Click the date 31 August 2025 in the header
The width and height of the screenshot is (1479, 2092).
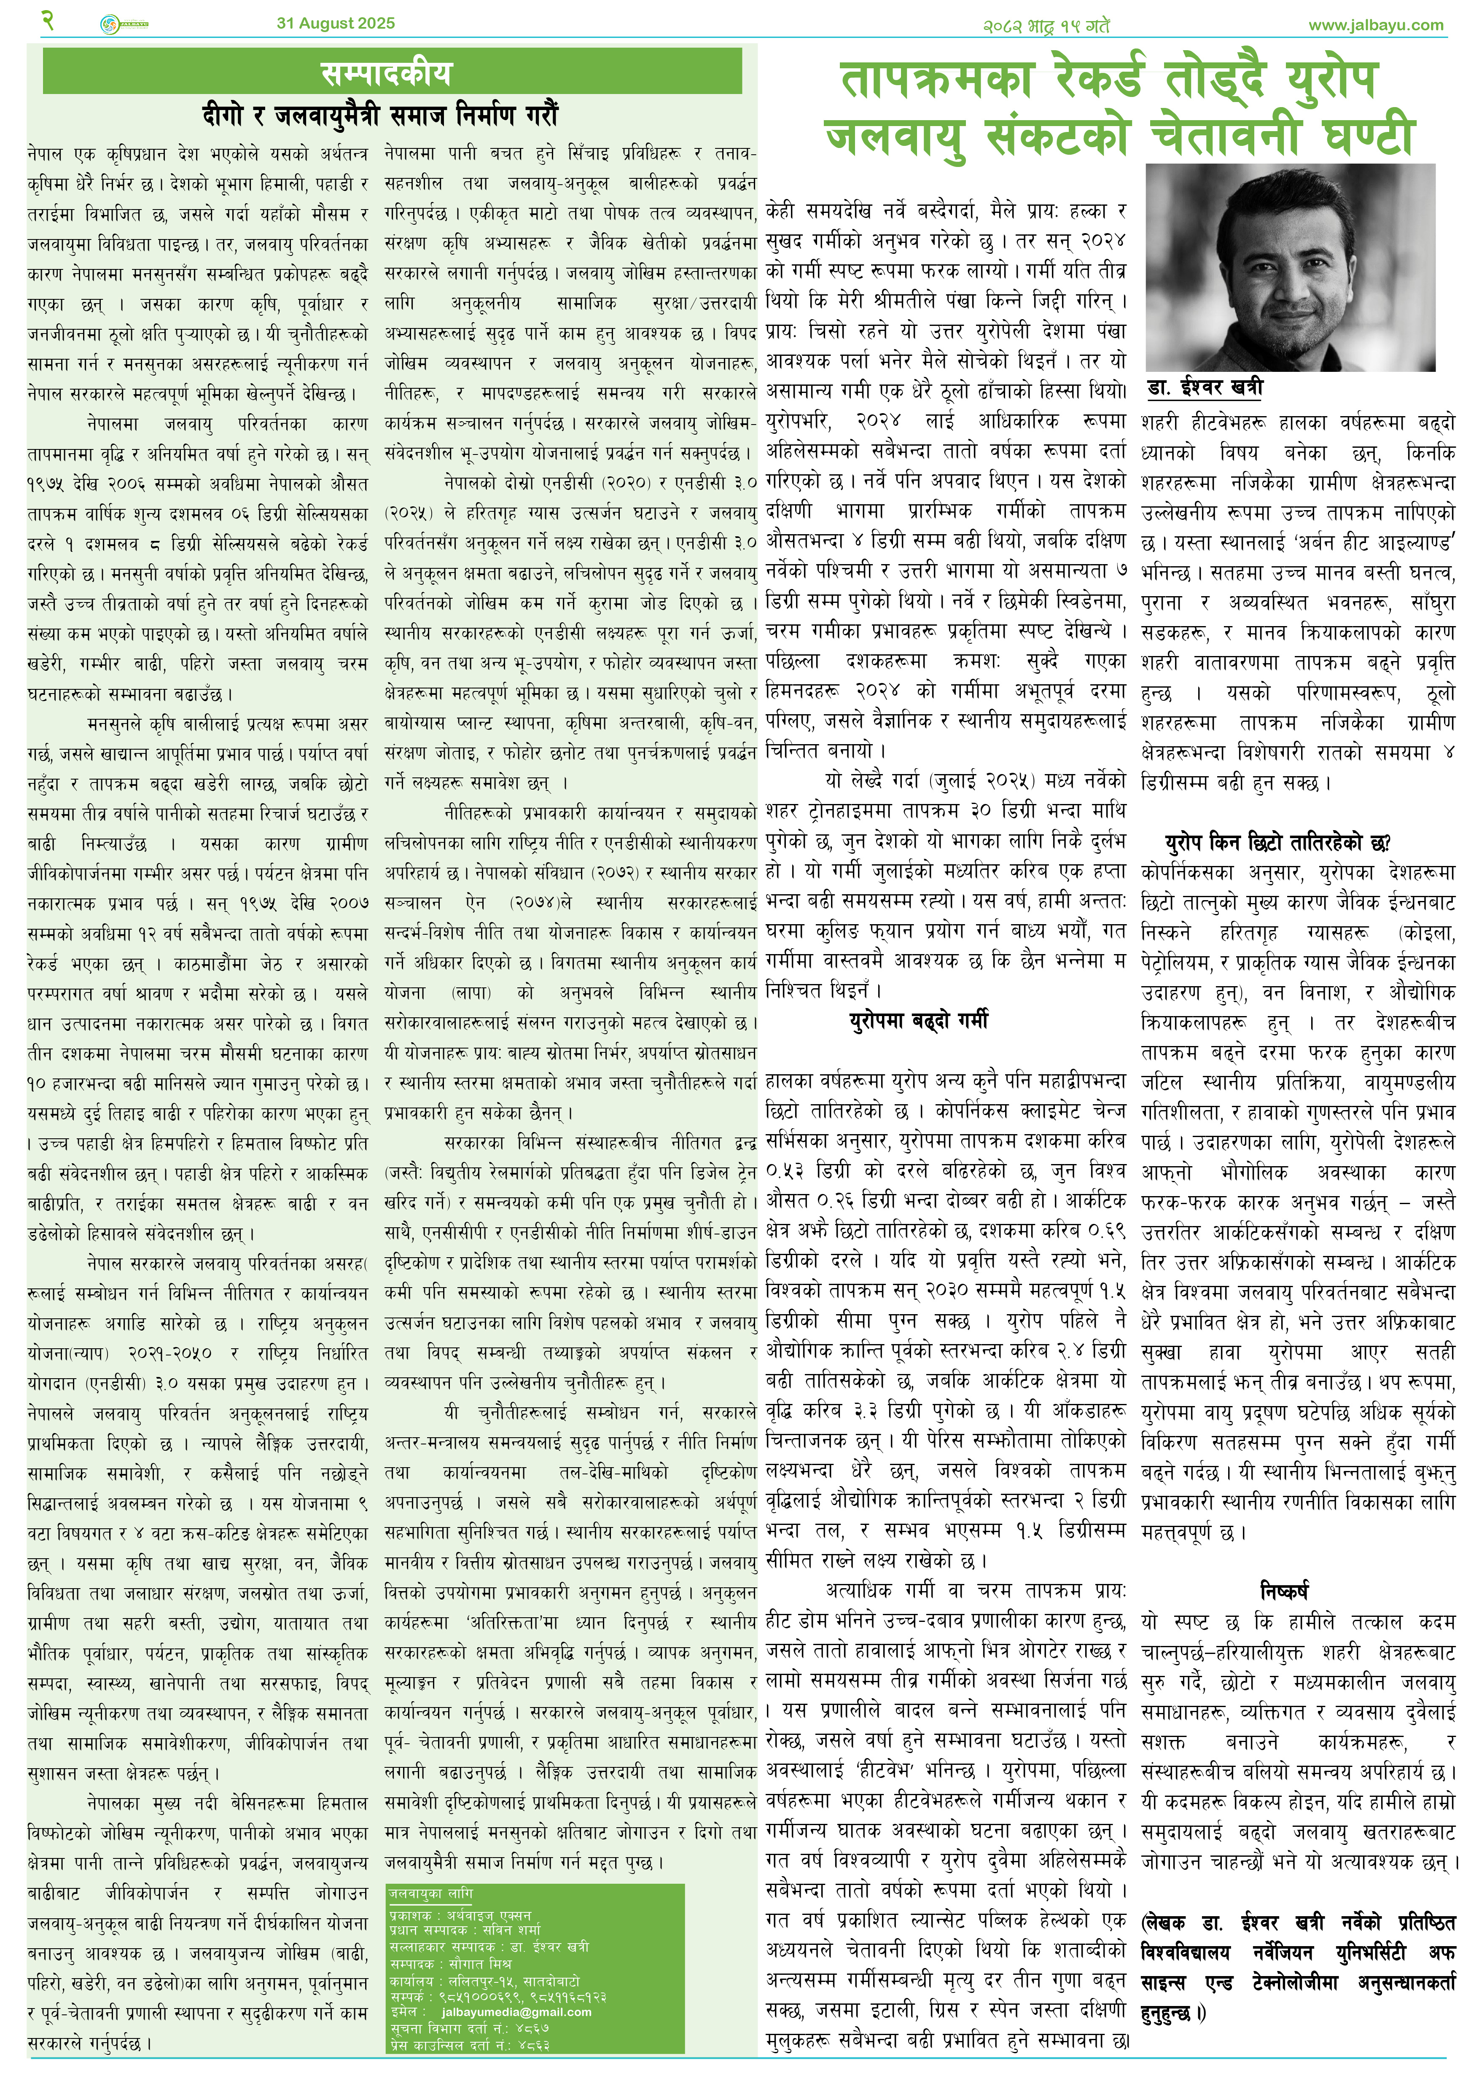click(335, 24)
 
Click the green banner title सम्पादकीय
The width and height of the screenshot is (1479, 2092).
click(385, 73)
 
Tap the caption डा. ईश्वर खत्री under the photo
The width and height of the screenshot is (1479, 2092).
click(1205, 387)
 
